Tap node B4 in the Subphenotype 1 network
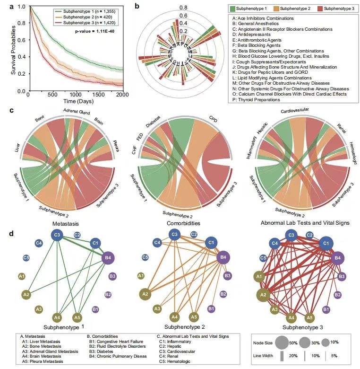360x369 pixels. tap(108, 258)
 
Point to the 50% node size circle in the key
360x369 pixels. tap(282, 342)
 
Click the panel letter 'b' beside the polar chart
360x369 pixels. tap(137, 6)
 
